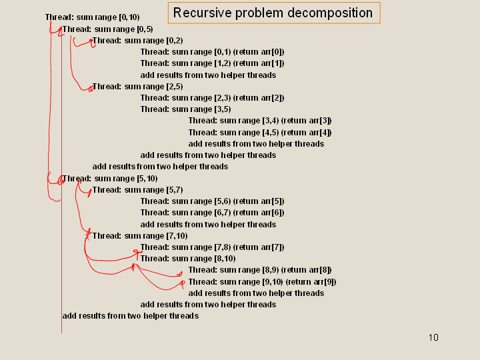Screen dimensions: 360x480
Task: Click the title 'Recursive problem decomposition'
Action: pos(273,13)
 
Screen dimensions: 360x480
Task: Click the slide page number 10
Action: pos(433,337)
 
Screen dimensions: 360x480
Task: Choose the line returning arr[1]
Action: pos(212,63)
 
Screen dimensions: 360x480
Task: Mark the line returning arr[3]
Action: pos(260,121)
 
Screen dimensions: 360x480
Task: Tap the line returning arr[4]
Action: pos(260,132)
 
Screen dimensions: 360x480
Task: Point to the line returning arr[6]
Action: pos(212,213)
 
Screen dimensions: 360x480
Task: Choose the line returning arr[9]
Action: pos(262,281)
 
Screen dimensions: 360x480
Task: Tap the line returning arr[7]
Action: pos(212,247)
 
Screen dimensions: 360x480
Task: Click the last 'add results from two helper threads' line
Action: pos(130,315)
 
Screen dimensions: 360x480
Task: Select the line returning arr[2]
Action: pos(212,98)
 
